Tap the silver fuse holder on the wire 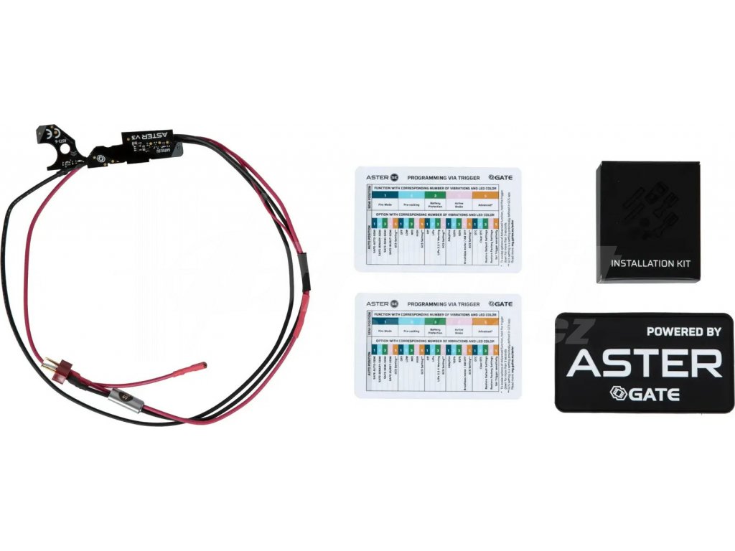pyautogui.click(x=125, y=397)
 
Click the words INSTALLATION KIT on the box pyautogui.click(x=650, y=264)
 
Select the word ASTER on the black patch pyautogui.click(x=645, y=364)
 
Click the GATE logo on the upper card pyautogui.click(x=500, y=176)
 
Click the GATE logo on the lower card pyautogui.click(x=500, y=303)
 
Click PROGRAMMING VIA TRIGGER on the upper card pyautogui.click(x=443, y=176)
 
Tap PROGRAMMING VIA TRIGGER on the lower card pyautogui.click(x=443, y=303)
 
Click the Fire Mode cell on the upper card pyautogui.click(x=387, y=205)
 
